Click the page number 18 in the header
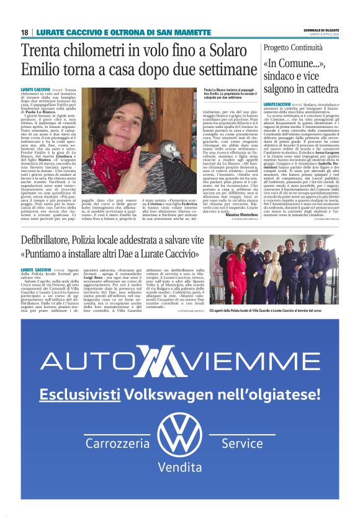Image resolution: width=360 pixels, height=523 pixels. [25, 32]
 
